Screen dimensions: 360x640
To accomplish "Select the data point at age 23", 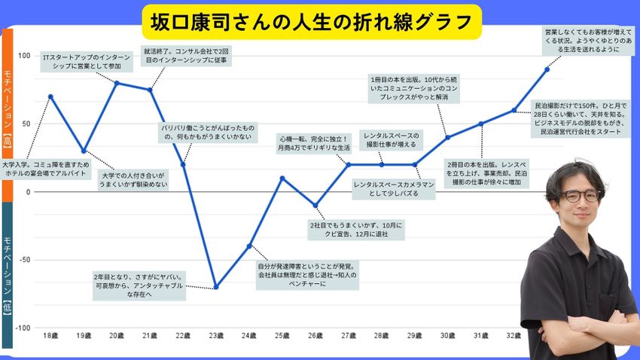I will pos(216,287).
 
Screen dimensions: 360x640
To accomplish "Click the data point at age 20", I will pos(117,83).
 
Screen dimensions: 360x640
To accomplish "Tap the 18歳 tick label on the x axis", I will pos(50,334).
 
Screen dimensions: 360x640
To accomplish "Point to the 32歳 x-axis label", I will pos(514,334).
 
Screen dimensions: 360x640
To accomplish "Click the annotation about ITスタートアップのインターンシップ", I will pos(86,61).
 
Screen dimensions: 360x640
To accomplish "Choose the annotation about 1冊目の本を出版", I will pos(414,88).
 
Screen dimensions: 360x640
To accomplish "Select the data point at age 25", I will pos(282,178).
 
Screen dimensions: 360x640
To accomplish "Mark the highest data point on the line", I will pos(547,69).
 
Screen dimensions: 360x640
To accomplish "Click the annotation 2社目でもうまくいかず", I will pos(357,230).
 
